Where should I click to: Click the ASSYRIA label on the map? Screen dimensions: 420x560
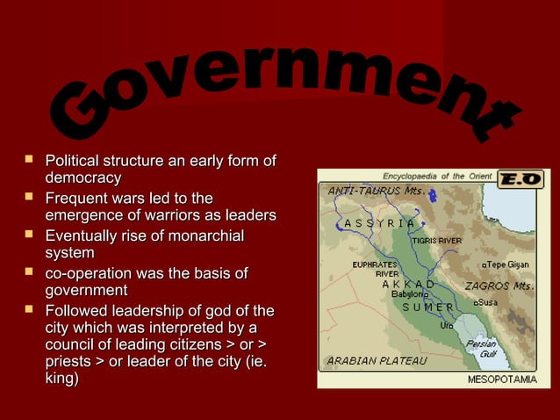pos(379,223)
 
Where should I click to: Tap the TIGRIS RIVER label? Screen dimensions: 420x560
pos(436,240)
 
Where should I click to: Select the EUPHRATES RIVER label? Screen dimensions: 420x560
pos(375,268)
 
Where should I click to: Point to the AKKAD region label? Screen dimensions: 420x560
pos(407,284)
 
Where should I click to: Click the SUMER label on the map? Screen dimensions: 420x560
pos(428,307)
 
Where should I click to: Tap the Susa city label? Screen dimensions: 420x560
pos(487,301)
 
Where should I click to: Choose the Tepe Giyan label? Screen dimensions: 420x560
pos(507,264)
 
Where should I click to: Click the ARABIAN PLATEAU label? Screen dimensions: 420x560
pos(364,360)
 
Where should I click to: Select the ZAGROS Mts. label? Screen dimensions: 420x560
pos(499,286)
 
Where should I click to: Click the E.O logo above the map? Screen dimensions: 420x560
pos(521,179)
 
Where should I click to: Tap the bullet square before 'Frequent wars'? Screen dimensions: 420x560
pos(30,197)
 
